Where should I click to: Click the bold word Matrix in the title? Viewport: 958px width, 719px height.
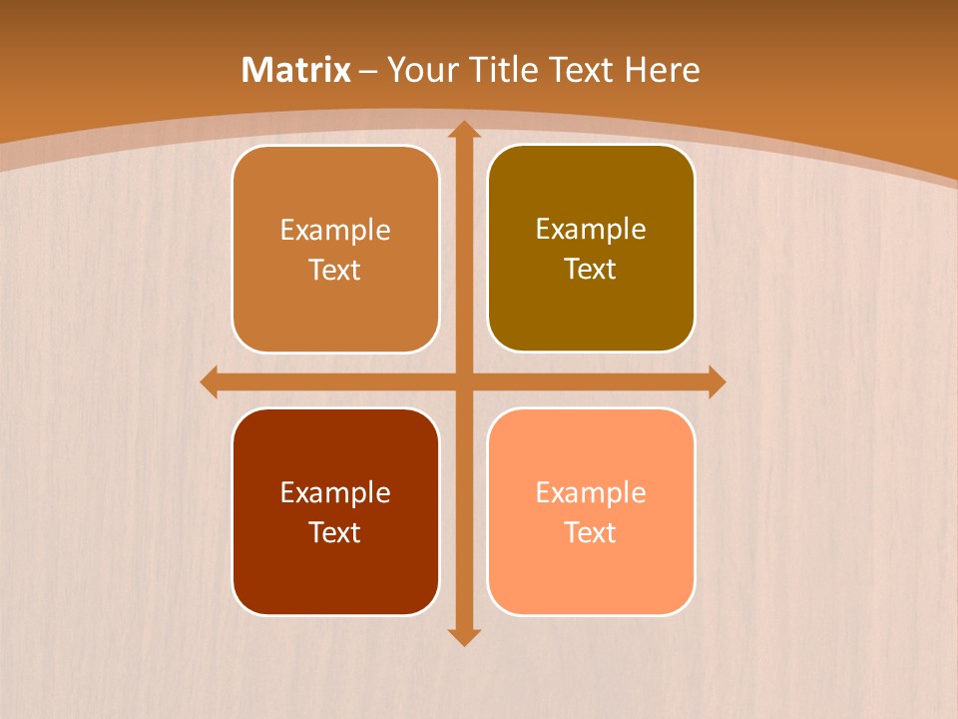(296, 70)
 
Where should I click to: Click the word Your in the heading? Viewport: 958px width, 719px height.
(419, 70)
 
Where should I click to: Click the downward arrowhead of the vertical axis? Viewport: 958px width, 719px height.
(463, 636)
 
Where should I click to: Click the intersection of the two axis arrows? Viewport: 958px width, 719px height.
(463, 381)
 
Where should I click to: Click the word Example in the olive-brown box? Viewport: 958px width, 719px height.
(591, 230)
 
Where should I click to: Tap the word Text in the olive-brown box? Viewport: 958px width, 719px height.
(591, 270)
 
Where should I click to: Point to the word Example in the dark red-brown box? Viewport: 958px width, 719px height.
(335, 492)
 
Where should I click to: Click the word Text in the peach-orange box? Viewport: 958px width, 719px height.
(591, 532)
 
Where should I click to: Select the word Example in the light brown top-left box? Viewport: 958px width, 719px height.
(335, 231)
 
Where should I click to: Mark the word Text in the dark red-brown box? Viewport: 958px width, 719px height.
(335, 532)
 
